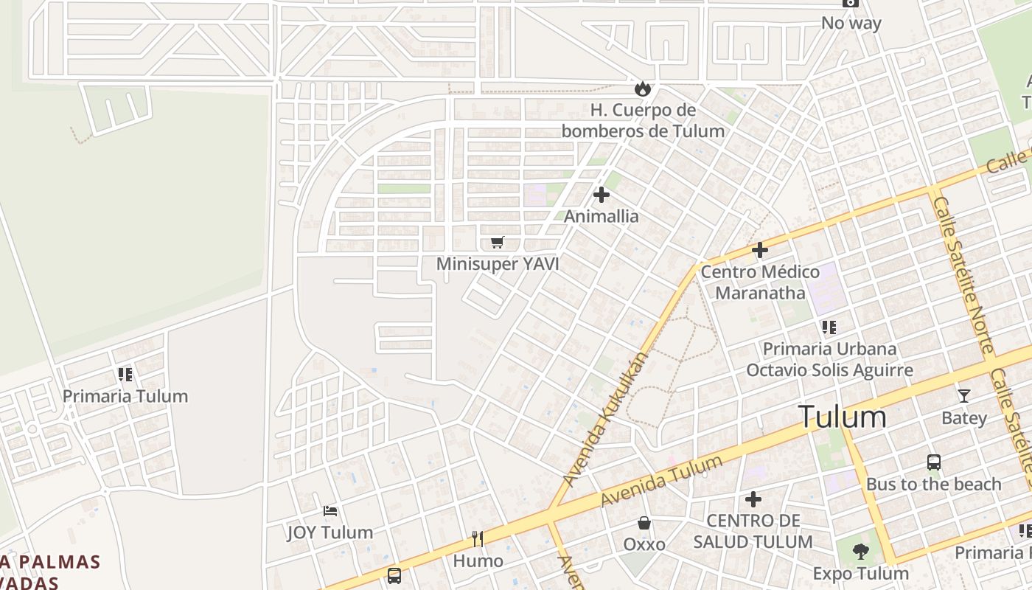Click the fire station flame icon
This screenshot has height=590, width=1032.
coord(643,89)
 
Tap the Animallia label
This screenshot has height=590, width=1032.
coord(602,217)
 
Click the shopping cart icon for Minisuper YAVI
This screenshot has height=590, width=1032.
coord(498,243)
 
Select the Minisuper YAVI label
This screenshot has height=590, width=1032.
coord(498,264)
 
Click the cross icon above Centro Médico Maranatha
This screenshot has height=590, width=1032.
coord(759,250)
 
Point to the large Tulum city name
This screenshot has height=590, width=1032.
coord(843,417)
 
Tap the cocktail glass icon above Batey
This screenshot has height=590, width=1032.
coord(963,396)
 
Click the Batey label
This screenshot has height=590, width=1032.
coord(963,418)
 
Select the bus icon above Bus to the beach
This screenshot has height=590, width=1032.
coord(934,462)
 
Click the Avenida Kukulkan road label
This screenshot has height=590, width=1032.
coord(606,419)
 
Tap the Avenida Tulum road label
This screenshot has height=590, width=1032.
coord(661,481)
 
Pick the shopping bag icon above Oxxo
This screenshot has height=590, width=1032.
coord(644,523)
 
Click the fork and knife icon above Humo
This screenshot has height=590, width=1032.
coord(478,539)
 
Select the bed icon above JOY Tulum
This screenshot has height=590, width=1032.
coord(330,510)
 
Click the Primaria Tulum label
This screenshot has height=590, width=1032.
coord(125,396)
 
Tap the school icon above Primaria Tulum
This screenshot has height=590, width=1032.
coord(125,375)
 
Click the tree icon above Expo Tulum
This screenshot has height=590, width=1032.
coord(860,552)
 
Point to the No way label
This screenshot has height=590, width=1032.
coord(851,23)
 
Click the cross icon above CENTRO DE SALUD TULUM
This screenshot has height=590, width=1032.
coord(753,499)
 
